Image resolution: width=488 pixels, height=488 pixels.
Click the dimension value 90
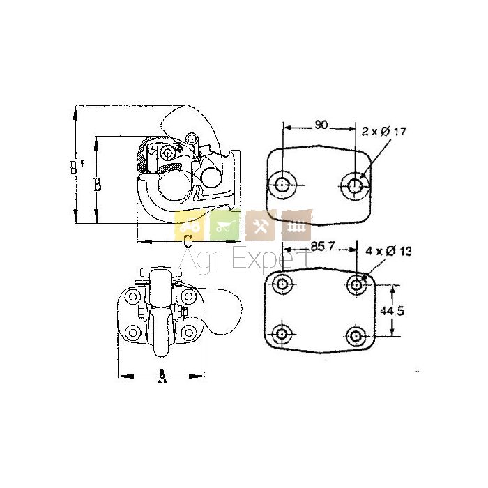[321, 125]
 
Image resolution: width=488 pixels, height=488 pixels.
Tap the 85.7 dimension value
[322, 247]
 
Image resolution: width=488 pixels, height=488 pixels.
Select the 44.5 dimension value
[392, 311]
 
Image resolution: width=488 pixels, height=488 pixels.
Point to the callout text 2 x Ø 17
[383, 132]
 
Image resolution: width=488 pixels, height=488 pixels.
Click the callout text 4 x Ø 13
[388, 251]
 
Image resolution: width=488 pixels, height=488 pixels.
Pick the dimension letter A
[162, 376]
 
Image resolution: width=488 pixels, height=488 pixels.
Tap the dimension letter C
[188, 241]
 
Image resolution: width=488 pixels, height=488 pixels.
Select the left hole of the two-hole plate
[282, 185]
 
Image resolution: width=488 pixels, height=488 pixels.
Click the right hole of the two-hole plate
[355, 186]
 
